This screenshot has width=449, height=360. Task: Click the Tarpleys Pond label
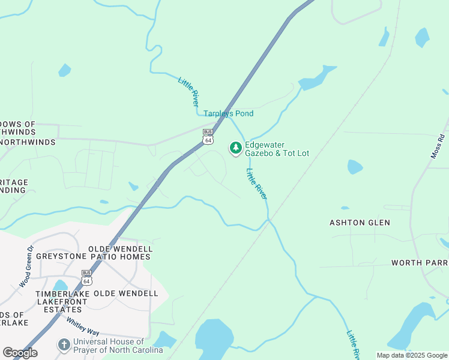tap(228, 113)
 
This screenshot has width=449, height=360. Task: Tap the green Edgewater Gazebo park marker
tap(236, 148)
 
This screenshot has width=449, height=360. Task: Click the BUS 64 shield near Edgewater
tap(208, 136)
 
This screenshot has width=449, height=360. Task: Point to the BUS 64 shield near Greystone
tap(87, 277)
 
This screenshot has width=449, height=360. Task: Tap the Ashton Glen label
tap(360, 223)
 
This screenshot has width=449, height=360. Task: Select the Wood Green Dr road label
tap(26, 265)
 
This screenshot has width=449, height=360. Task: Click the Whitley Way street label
tap(83, 327)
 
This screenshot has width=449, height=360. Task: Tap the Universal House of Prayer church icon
tap(64, 345)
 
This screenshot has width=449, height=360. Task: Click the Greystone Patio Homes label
tap(93, 257)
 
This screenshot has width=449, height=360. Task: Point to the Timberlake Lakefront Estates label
tap(58, 301)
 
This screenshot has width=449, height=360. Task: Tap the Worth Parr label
tap(420, 263)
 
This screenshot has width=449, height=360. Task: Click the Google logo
tap(20, 353)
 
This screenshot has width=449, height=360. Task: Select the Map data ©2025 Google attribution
tap(412, 355)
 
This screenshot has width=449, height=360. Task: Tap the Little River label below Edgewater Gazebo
tap(257, 184)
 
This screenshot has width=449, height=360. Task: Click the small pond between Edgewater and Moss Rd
tap(355, 166)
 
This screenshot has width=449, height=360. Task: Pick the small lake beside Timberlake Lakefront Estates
tap(59, 286)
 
